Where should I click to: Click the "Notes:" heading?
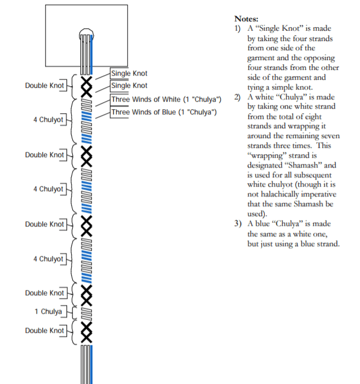coord(246,19)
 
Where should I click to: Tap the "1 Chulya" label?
coord(49,311)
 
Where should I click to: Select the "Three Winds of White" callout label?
coord(166,99)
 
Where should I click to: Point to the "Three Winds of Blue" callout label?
coord(164,112)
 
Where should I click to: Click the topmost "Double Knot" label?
coord(44,85)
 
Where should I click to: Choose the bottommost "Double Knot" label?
coord(44,331)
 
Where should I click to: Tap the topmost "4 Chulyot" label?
coord(49,120)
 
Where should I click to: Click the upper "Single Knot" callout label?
coord(129,73)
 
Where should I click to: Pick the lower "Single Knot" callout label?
coord(129,85)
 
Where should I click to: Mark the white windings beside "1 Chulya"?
coord(86,314)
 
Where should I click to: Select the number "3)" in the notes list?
coord(237,223)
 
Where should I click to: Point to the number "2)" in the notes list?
coord(237,97)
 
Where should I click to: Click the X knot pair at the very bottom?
coord(87,333)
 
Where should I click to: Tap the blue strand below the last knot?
coord(91,364)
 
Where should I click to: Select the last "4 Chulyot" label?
coord(49,259)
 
